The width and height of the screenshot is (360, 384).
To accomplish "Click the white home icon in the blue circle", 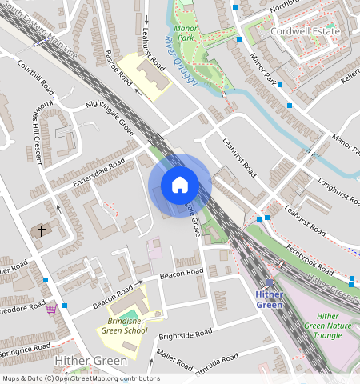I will tap(180, 186).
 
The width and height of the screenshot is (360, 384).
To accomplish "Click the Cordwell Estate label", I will tap(305, 31).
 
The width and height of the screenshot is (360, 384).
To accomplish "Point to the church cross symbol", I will tap(41, 230).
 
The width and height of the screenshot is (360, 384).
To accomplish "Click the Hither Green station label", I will tap(269, 298).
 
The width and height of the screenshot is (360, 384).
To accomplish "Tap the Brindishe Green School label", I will tap(123, 326).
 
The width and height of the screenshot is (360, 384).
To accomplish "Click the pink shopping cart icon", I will tap(51, 308).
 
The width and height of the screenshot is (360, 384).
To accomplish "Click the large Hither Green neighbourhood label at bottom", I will tap(90, 362).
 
